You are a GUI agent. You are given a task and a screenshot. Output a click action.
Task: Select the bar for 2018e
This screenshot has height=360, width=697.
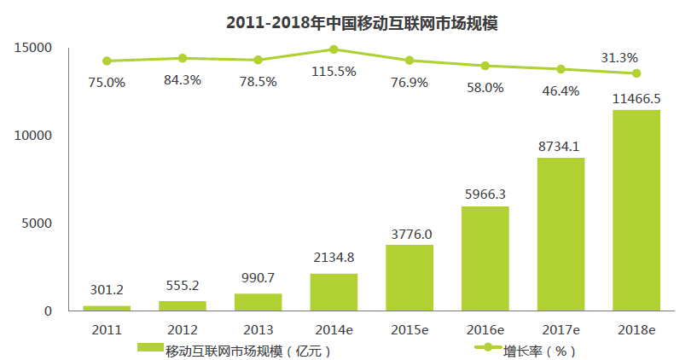[636, 210]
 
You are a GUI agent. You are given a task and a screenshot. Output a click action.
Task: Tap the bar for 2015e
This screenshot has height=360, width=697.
[409, 277]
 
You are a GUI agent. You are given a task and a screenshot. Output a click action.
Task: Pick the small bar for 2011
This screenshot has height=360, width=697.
[107, 307]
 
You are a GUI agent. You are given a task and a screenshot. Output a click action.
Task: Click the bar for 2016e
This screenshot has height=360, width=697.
[485, 258]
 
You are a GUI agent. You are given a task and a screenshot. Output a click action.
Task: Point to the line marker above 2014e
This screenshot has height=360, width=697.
[334, 49]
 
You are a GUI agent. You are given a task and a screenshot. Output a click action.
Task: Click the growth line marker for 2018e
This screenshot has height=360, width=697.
[636, 73]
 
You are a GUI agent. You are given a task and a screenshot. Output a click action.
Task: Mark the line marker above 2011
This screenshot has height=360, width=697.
[107, 61]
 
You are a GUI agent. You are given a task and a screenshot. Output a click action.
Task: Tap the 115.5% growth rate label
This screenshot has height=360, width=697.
[334, 72]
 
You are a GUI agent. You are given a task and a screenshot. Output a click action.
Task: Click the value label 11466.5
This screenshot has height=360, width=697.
[636, 99]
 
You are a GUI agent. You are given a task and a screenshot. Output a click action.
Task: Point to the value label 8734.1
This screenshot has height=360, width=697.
[560, 147]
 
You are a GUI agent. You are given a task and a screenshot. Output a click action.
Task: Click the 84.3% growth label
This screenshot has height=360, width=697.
[183, 82]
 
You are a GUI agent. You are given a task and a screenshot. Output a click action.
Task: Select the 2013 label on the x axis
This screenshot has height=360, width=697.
[258, 329]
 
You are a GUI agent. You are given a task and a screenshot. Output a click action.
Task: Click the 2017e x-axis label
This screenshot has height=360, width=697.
[561, 329]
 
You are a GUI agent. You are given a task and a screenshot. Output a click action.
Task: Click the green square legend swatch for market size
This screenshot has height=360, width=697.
[149, 348]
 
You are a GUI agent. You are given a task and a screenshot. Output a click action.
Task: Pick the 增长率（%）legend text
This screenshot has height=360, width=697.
[540, 349]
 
